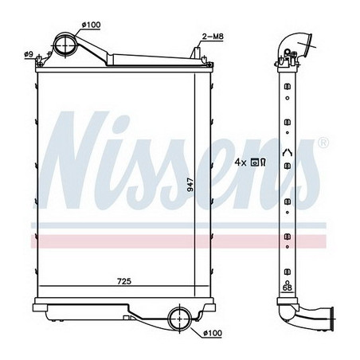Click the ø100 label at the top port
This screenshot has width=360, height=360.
92,25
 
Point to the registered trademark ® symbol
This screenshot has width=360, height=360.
323,144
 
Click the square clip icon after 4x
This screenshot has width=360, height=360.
255,162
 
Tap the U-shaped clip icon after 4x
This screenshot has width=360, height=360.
263,162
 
